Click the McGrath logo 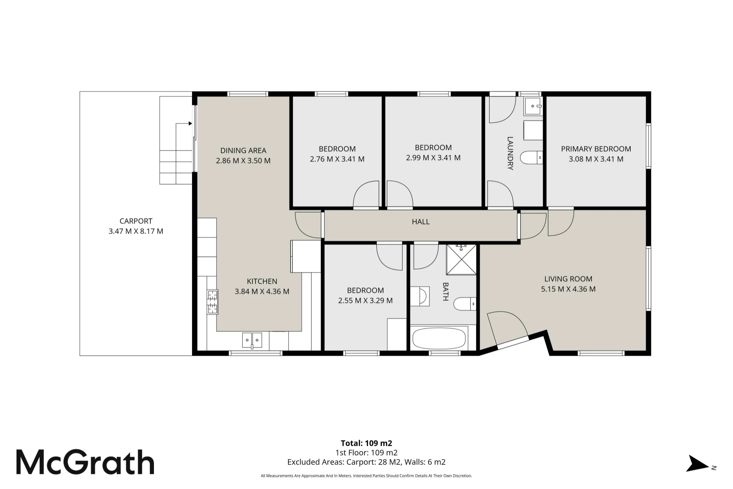85,462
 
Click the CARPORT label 136,221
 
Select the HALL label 421,222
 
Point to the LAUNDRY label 510,153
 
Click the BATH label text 446,291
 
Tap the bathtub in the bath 439,338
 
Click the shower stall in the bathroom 461,260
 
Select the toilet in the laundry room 532,158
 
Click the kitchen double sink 252,340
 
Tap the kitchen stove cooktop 213,302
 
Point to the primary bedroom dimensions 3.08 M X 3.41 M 596,159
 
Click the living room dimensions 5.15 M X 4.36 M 568,289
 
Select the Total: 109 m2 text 366,443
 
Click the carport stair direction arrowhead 190,124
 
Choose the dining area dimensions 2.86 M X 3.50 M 243,161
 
